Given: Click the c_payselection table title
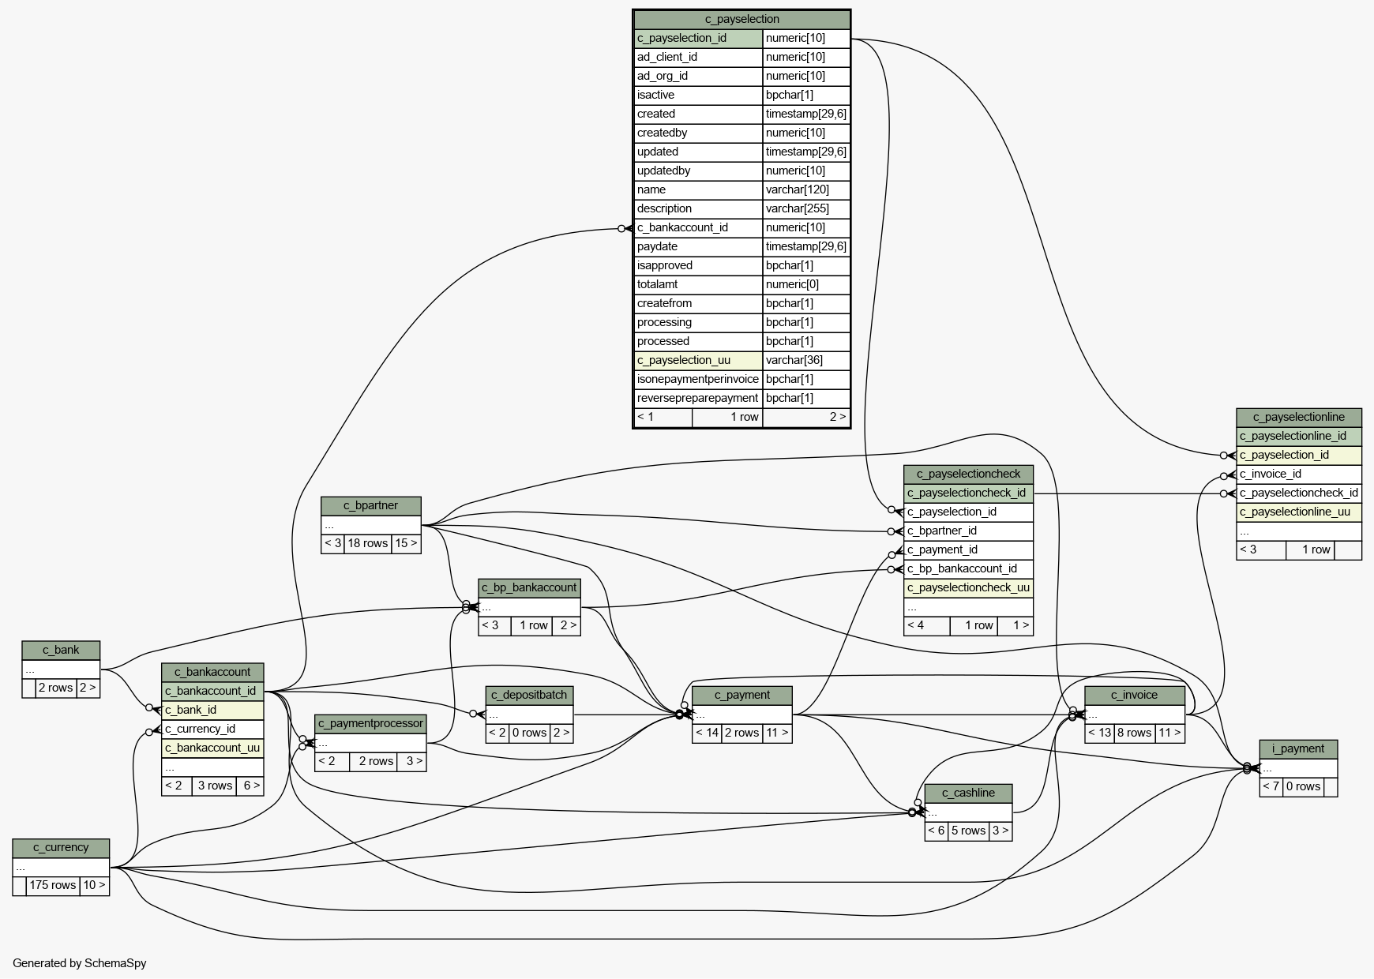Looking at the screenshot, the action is [x=741, y=19].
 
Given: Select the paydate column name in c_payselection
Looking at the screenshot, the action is [x=657, y=246].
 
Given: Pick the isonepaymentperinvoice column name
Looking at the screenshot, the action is [x=698, y=379].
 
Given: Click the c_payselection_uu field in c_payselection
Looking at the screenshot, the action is [x=684, y=360].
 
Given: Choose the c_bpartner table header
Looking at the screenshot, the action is [x=371, y=505].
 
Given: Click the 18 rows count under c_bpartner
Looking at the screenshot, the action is [x=367, y=543].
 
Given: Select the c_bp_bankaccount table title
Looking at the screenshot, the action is [x=529, y=587].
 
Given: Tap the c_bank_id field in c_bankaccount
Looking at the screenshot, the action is [x=191, y=710].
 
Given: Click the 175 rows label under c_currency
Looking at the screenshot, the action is [x=53, y=885].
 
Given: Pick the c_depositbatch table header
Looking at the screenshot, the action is [x=529, y=695].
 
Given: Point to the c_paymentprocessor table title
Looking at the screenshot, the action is [x=370, y=723].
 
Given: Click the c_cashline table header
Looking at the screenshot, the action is [x=968, y=793].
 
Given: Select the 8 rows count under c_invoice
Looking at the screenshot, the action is [x=1134, y=733].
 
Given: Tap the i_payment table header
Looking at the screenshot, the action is [x=1298, y=748].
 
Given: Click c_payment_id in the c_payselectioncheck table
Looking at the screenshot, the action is [x=942, y=550].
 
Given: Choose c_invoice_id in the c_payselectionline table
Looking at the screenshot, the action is [x=1271, y=474].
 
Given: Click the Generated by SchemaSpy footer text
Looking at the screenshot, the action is [x=80, y=963].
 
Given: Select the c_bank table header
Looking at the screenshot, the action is [x=61, y=650].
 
